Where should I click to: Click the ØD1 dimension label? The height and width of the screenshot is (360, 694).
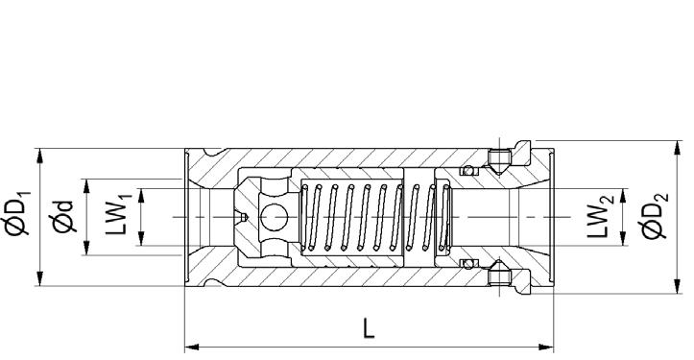click(x=16, y=212)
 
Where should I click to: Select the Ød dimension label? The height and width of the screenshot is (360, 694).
click(x=62, y=217)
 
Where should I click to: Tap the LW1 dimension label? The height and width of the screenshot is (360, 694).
click(x=117, y=218)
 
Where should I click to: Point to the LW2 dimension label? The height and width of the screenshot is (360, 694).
click(x=600, y=217)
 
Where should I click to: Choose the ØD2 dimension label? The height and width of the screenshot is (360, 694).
click(x=655, y=216)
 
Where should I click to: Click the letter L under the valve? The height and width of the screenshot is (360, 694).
click(x=369, y=327)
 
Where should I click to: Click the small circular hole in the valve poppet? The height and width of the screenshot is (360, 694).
click(x=274, y=217)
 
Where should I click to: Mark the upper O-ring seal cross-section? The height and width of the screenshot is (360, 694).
click(x=468, y=170)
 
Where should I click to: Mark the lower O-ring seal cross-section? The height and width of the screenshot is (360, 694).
click(x=468, y=264)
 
